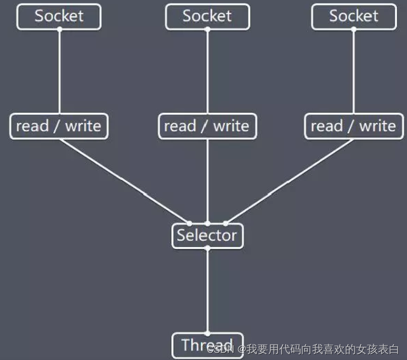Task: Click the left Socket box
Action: (x=59, y=16)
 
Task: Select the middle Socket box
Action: (x=207, y=16)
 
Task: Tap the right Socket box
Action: (x=354, y=16)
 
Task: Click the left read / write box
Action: (x=59, y=126)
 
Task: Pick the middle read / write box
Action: (x=207, y=126)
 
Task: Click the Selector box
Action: (x=207, y=236)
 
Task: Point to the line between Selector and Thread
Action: (x=207, y=290)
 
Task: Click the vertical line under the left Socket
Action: (x=59, y=71)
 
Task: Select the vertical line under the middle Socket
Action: (x=207, y=71)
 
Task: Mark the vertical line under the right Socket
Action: (x=354, y=71)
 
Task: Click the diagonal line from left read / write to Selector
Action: (x=125, y=181)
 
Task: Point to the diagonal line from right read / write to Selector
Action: (x=289, y=181)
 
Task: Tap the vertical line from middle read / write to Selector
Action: (x=207, y=181)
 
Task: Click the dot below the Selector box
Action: (x=207, y=249)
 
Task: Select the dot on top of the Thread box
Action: (x=207, y=333)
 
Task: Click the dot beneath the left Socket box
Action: (x=59, y=29)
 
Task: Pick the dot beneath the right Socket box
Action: (x=354, y=29)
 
